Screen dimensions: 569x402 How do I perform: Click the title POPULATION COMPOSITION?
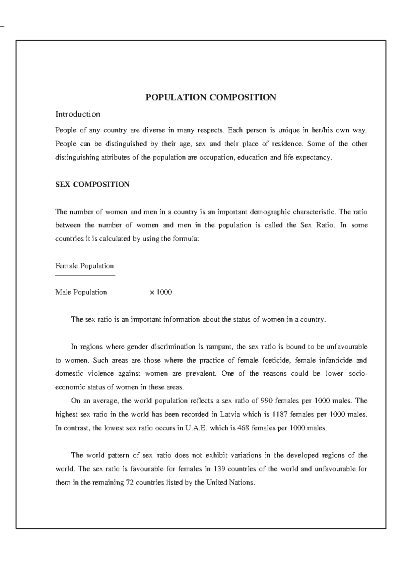[210, 98]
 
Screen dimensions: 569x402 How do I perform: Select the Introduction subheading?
[78, 114]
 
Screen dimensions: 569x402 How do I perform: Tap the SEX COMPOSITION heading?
[92, 184]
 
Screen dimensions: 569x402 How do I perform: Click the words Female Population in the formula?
[84, 266]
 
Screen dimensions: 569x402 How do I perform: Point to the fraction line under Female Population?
[85, 275]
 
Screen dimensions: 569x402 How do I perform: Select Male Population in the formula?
[81, 292]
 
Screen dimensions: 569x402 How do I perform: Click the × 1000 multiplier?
[161, 292]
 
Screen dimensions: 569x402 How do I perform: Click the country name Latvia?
[230, 414]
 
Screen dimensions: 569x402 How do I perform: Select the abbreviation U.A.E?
[196, 428]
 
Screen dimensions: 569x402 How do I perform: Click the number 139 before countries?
[219, 469]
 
